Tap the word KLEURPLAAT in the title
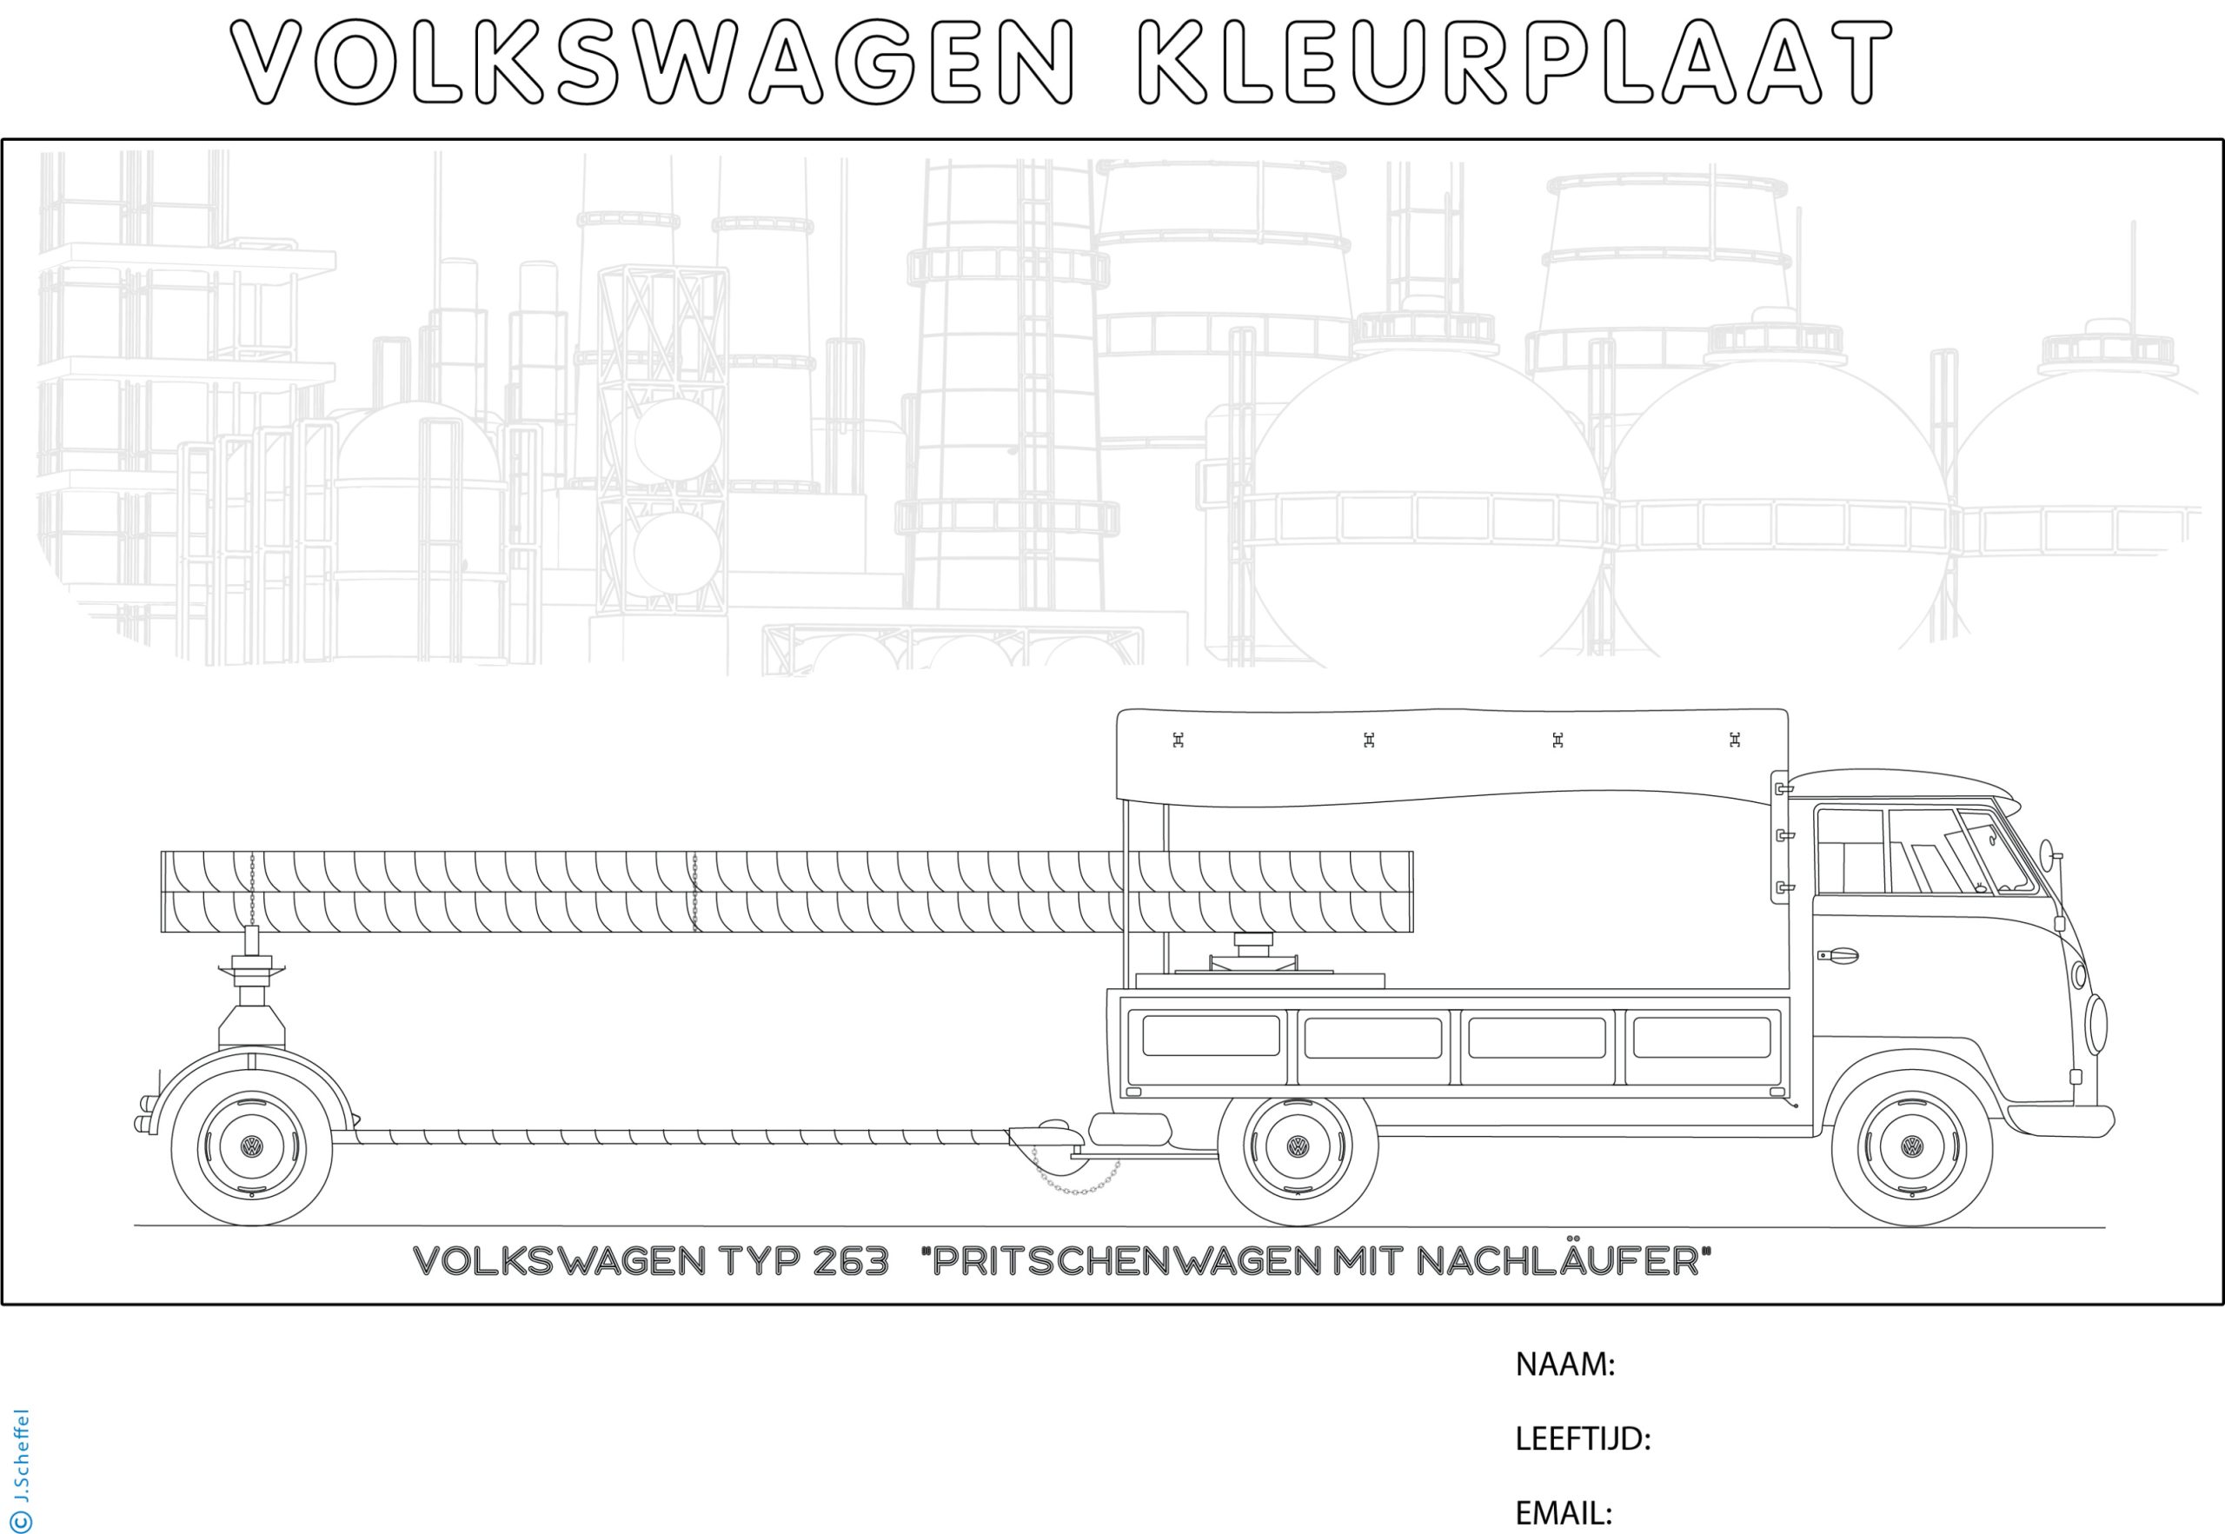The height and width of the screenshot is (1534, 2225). [x=1514, y=63]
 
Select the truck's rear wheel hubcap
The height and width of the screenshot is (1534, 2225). [x=1298, y=1146]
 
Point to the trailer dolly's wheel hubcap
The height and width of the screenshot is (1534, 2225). [x=252, y=1146]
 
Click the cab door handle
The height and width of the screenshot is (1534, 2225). [x=1837, y=955]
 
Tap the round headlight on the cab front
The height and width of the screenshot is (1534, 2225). [x=2095, y=1025]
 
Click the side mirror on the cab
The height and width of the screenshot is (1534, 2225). [x=2045, y=852]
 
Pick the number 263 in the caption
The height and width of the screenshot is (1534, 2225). [x=850, y=1262]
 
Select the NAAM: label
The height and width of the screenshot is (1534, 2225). [x=1564, y=1364]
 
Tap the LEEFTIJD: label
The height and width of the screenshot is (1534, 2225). [x=1582, y=1439]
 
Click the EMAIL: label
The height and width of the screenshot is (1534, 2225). [x=1563, y=1513]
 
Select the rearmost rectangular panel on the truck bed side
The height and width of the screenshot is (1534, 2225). [x=1210, y=1036]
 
